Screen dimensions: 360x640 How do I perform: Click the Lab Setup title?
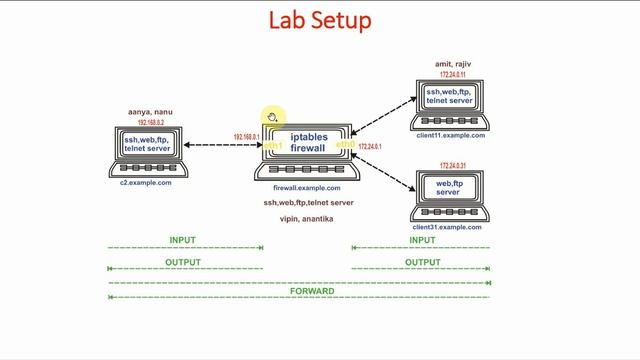(320, 19)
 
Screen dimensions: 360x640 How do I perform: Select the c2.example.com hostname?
(146, 183)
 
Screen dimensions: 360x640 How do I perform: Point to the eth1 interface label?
(273, 146)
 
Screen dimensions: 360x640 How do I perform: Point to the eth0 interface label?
(345, 145)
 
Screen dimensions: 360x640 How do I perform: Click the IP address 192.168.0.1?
(246, 137)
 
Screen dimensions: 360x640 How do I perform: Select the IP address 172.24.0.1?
(370, 146)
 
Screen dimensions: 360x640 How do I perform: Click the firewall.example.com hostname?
(307, 188)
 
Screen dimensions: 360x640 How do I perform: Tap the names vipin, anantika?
(307, 218)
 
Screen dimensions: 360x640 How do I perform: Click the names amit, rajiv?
(452, 64)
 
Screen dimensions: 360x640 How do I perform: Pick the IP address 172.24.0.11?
(452, 75)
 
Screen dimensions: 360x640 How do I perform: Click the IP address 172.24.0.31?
(452, 165)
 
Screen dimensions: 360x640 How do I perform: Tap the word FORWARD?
(298, 292)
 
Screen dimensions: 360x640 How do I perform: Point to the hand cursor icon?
(270, 118)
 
